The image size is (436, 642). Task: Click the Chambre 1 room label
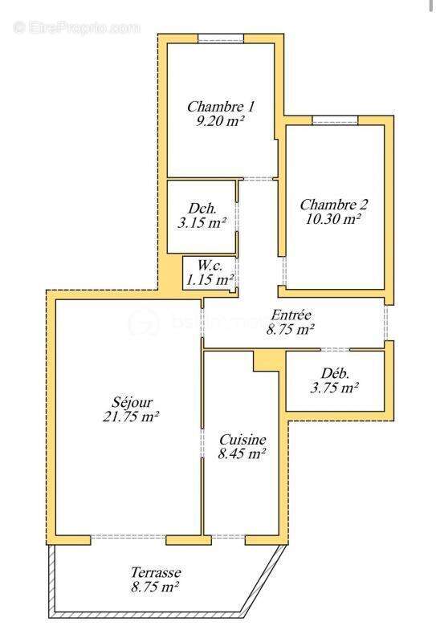[x=221, y=106]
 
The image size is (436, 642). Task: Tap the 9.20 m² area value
[x=220, y=121]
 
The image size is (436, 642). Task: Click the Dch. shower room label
[x=201, y=207]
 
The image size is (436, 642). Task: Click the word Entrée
[x=291, y=315]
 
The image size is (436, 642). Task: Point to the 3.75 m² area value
[x=333, y=388]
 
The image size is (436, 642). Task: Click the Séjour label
[x=132, y=401]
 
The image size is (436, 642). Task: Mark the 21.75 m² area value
[x=132, y=416]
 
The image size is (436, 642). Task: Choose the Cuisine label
[x=242, y=439]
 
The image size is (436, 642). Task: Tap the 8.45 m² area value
[x=242, y=454]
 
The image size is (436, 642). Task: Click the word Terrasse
[x=156, y=572]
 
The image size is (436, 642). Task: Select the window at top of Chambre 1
[x=221, y=38]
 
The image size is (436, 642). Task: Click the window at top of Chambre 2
[x=335, y=120]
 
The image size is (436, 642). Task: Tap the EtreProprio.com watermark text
[x=77, y=27]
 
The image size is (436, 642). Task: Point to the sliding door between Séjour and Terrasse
[x=128, y=537]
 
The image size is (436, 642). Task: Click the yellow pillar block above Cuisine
[x=264, y=361]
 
